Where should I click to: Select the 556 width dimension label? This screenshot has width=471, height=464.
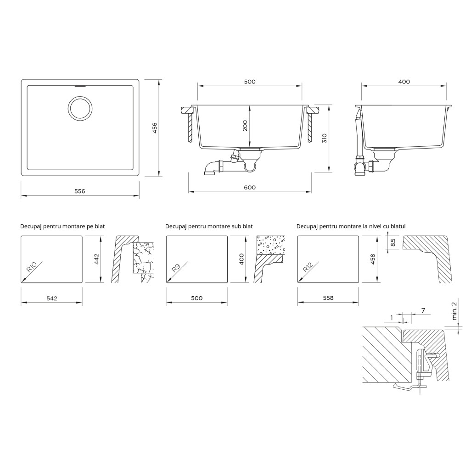click(80, 191)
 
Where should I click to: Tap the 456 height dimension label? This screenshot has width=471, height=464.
click(155, 128)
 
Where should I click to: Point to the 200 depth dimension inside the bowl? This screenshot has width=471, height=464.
click(245, 126)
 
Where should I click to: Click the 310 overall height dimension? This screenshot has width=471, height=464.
click(325, 138)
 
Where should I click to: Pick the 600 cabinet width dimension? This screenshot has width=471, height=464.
click(250, 188)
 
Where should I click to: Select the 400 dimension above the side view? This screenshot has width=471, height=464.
click(404, 82)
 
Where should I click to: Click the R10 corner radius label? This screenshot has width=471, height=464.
click(32, 267)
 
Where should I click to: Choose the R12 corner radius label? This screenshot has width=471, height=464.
click(308, 267)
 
